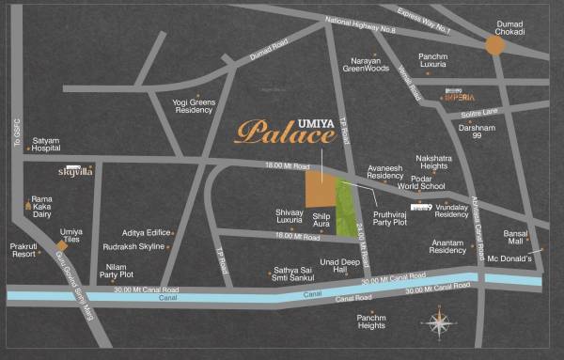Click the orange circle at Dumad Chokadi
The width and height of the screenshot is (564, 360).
494,45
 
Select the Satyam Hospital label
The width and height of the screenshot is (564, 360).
46,144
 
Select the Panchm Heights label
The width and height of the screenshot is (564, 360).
371,322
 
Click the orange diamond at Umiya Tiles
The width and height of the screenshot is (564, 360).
63,246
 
